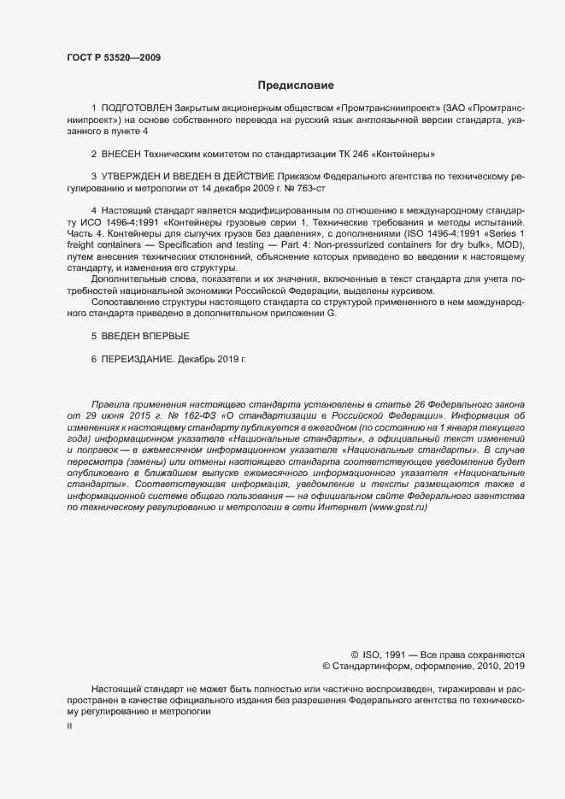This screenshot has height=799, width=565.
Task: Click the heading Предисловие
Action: tap(296, 85)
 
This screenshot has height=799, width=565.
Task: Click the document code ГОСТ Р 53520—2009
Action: tap(113, 58)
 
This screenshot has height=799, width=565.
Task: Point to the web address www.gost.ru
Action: tap(398, 508)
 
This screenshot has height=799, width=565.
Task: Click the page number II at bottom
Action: tap(69, 726)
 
